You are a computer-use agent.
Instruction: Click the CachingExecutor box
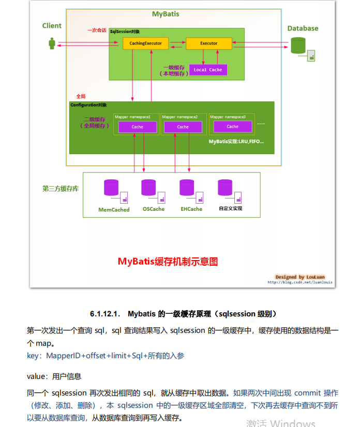pyautogui.click(x=145, y=43)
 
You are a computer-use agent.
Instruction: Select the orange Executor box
pyautogui.click(x=208, y=43)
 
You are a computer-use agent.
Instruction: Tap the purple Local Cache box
pyautogui.click(x=208, y=70)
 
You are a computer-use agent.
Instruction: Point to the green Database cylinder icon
pyautogui.click(x=298, y=45)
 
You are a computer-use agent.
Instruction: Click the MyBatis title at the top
pyautogui.click(x=166, y=13)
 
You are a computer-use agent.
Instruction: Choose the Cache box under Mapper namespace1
pyautogui.click(x=137, y=127)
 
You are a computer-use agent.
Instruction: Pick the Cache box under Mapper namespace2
pyautogui.click(x=183, y=127)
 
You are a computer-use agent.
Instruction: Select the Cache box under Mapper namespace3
pyautogui.click(x=232, y=126)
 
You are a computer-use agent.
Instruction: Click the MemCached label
pyautogui.click(x=114, y=210)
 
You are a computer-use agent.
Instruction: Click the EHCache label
pyautogui.click(x=191, y=209)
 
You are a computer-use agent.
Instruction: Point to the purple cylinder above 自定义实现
pyautogui.click(x=225, y=187)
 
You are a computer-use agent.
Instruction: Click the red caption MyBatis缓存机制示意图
pyautogui.click(x=168, y=262)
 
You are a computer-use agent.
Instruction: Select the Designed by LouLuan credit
pyautogui.click(x=300, y=277)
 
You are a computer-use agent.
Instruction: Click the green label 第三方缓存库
pyautogui.click(x=61, y=189)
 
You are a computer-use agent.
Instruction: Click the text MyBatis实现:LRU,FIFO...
pyautogui.click(x=236, y=141)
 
